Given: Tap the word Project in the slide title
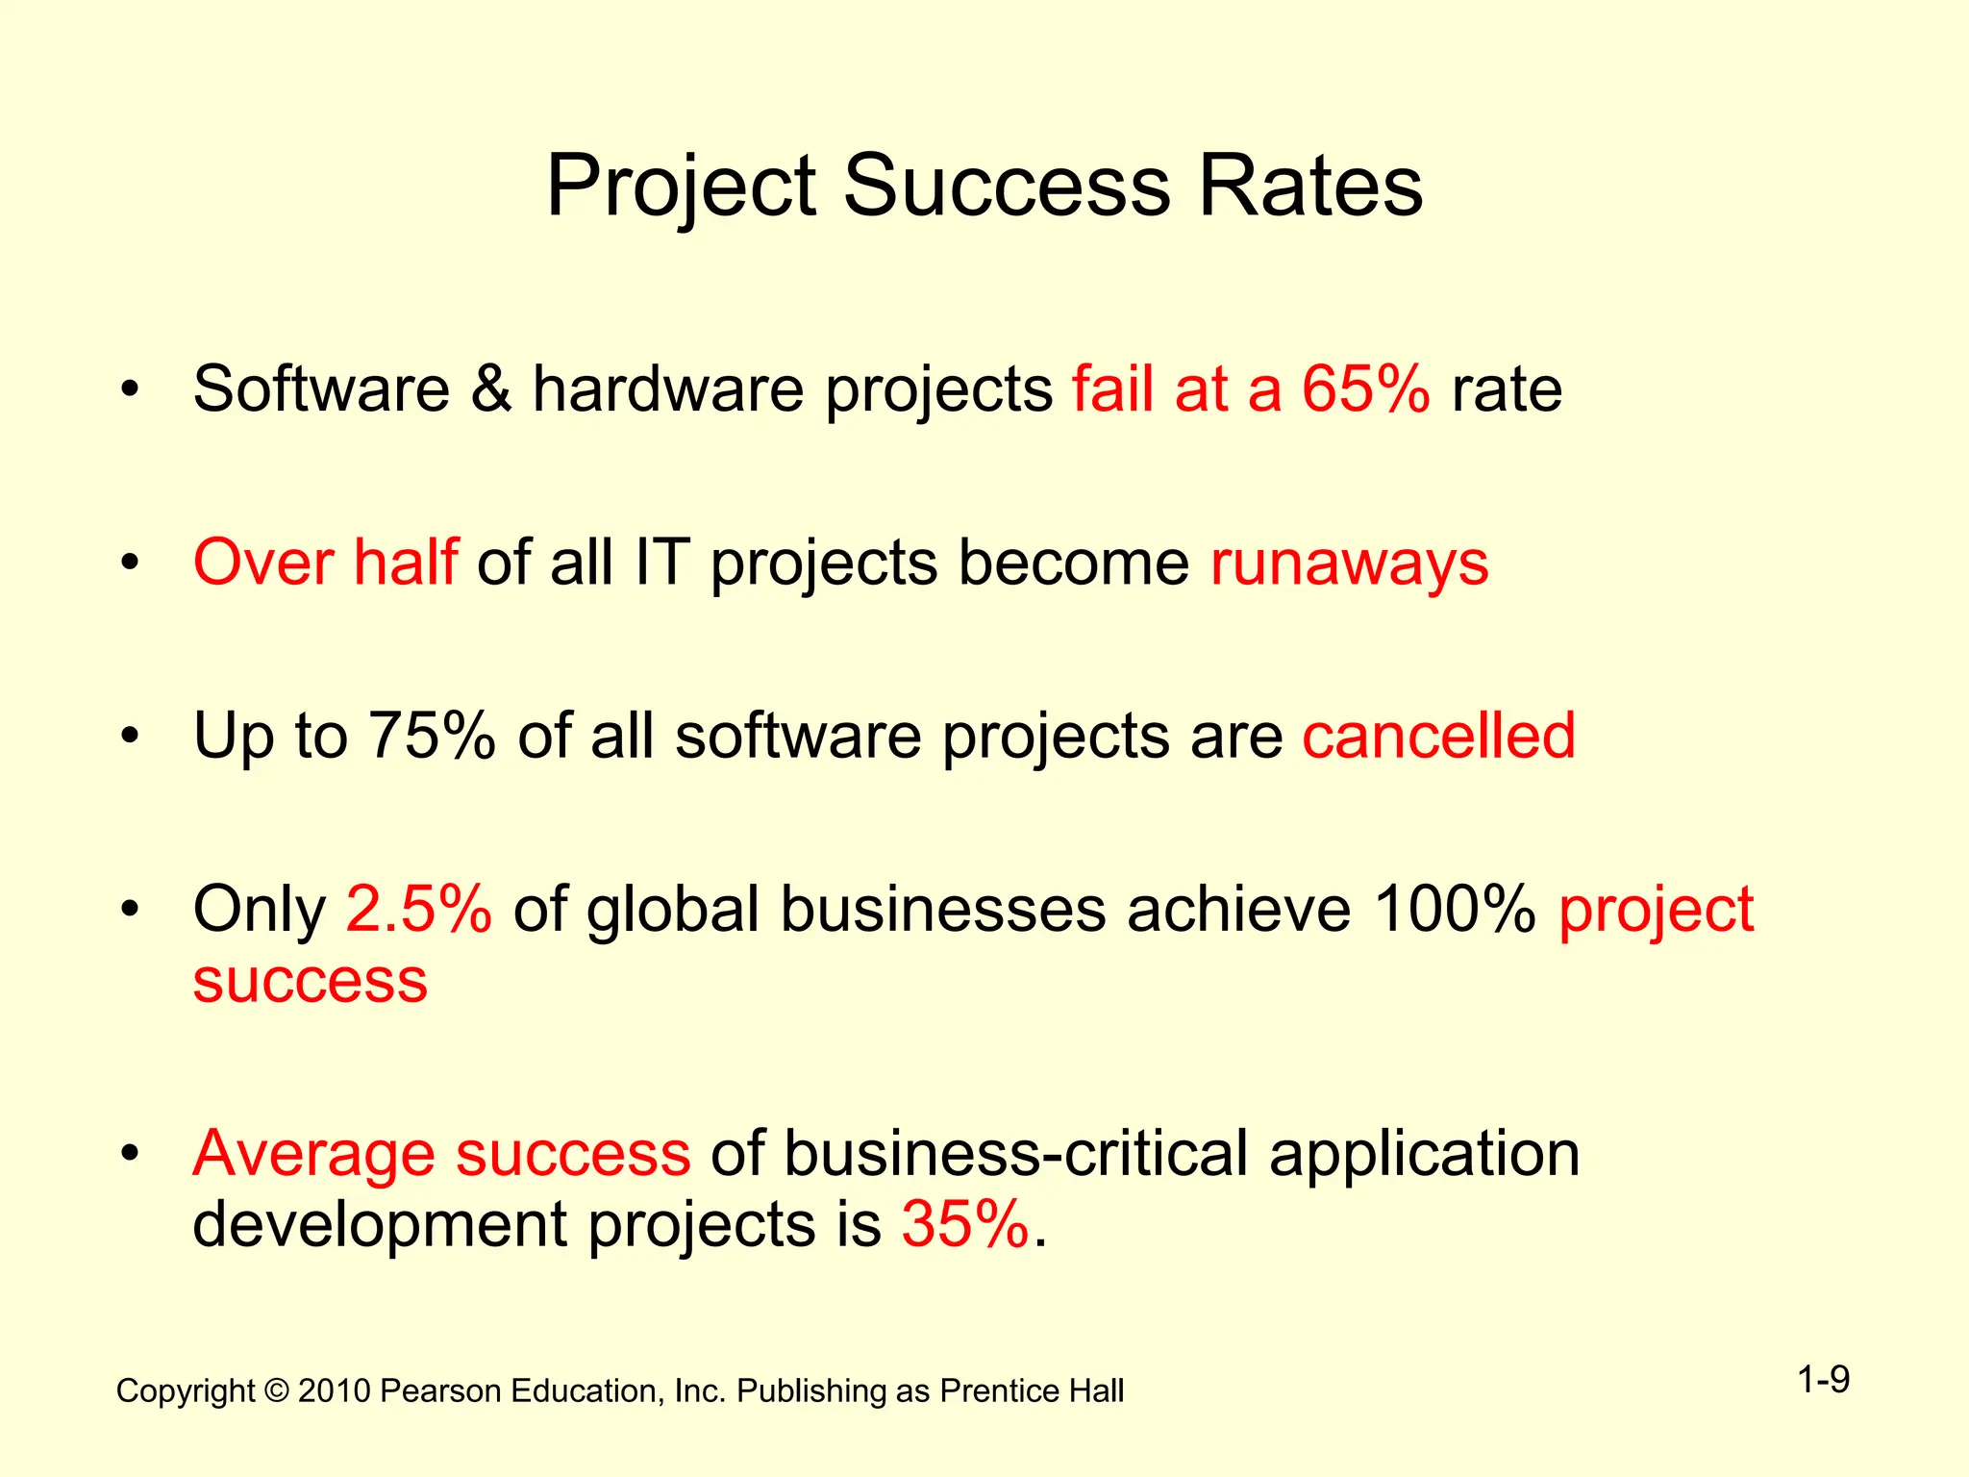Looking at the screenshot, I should (682, 188).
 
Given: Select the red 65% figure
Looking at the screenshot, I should (1365, 389).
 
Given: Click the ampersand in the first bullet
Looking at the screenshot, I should (491, 389).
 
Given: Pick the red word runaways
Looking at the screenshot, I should (1349, 563).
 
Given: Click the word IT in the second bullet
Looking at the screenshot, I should (662, 563).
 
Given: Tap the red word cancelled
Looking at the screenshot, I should (1438, 736).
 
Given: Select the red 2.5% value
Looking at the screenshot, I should (419, 909).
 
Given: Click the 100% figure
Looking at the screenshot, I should (1455, 909).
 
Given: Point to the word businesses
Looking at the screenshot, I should (942, 909).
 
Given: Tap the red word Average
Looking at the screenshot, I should (313, 1153).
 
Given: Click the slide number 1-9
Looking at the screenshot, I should (1824, 1381).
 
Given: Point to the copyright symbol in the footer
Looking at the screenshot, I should (277, 1391).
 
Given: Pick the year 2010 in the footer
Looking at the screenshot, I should (334, 1391).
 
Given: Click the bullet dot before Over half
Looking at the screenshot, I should (131, 563).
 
